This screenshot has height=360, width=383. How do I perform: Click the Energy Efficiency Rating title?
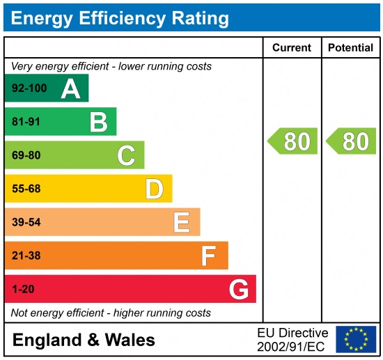(120, 17)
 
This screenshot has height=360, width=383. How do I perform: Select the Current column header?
(292, 48)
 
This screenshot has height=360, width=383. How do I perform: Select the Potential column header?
(351, 48)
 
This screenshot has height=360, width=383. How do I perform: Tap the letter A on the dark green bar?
(70, 88)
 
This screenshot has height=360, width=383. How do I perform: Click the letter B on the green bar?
(98, 122)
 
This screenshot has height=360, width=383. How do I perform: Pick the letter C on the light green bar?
(126, 155)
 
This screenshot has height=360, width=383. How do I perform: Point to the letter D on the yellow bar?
(154, 189)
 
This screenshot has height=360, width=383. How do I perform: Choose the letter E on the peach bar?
(181, 222)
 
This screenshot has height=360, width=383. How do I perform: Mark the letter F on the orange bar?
(208, 256)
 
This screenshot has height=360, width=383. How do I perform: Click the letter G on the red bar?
(238, 289)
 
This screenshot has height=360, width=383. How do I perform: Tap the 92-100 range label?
(29, 88)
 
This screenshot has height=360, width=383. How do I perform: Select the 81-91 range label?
(26, 122)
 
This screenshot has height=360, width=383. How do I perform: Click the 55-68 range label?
(26, 189)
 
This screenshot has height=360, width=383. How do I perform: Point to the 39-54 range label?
(26, 222)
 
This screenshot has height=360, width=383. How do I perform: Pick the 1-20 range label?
(23, 289)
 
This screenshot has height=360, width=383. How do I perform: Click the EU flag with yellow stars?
(356, 339)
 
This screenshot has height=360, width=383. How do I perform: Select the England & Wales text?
(84, 341)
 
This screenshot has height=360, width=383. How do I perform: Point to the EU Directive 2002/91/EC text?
(292, 339)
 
